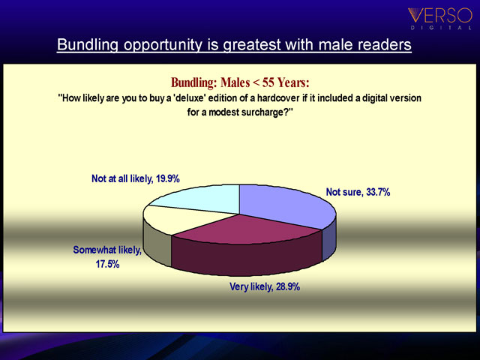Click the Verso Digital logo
point(440,18)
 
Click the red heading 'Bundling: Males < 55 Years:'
point(240,82)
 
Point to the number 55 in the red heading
point(268,82)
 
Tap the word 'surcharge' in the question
point(263,112)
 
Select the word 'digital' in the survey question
point(376,98)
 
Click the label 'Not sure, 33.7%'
point(358,192)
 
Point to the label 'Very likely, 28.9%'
point(265,286)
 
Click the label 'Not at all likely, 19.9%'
point(136,178)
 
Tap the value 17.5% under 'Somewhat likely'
point(107,264)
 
